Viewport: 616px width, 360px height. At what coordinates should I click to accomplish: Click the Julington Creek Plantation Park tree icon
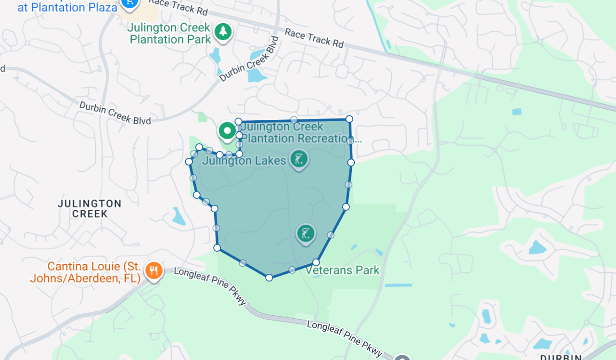[x=222, y=32]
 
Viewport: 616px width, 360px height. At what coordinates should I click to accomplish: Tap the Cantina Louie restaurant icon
[x=154, y=271]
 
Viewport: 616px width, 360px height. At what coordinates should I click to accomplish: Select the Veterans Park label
[x=343, y=270]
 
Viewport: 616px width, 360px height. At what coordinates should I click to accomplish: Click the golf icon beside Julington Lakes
[x=299, y=159]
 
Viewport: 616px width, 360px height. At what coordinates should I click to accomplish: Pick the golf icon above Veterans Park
[x=305, y=234]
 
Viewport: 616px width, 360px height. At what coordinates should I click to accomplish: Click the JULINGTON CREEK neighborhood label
[x=90, y=208]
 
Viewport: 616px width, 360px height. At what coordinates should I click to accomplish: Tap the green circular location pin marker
[x=227, y=130]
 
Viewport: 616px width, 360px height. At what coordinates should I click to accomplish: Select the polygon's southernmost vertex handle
[x=269, y=277]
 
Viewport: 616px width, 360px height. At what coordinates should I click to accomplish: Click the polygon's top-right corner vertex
[x=349, y=119]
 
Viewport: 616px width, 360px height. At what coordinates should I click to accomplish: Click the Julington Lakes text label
[x=244, y=161]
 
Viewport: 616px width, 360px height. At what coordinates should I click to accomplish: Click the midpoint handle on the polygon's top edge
[x=294, y=119]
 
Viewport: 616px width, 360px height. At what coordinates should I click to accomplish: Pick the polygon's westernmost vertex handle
[x=189, y=161]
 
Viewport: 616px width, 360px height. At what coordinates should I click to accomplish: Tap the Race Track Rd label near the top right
[x=314, y=38]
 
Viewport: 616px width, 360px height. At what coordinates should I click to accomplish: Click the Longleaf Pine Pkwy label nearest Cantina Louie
[x=210, y=286]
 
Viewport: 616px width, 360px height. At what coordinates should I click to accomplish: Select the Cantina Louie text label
[x=86, y=272]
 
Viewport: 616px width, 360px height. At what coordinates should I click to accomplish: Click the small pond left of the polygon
[x=179, y=217]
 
